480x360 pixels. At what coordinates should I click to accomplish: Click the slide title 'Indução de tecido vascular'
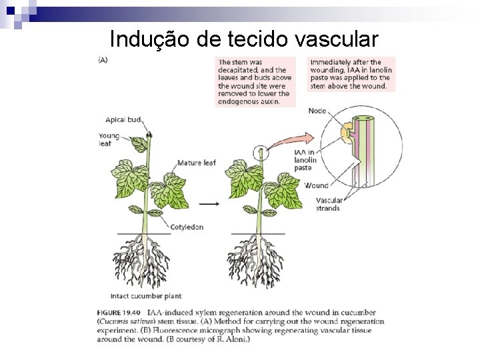tap(243, 39)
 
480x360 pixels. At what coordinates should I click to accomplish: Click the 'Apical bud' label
tap(123, 120)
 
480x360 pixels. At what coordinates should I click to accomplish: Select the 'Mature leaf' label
tap(196, 163)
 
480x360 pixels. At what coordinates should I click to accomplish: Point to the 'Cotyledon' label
tap(186, 227)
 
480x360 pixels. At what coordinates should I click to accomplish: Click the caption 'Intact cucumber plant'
tap(145, 296)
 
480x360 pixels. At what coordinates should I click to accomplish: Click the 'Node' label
tap(317, 111)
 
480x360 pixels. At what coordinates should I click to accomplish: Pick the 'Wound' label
tap(315, 185)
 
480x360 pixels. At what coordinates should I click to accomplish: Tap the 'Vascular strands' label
tap(329, 204)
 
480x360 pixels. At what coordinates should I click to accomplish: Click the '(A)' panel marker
tap(103, 60)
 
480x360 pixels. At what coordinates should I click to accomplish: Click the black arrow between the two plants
tap(211, 203)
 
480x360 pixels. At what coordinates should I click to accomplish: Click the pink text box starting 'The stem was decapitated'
tap(255, 82)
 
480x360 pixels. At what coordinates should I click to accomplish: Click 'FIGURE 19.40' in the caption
tap(122, 312)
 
